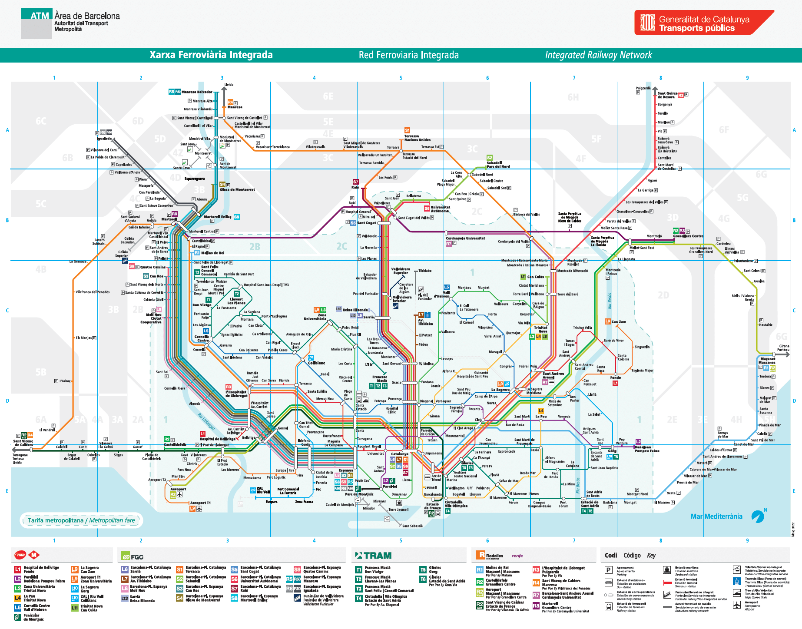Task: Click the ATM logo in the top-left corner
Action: click(x=37, y=23)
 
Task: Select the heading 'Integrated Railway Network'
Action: click(x=598, y=55)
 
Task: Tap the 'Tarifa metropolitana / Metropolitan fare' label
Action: click(x=81, y=520)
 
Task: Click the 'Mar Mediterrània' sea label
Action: click(x=716, y=516)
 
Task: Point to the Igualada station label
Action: click(x=104, y=139)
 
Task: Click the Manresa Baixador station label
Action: click(x=197, y=92)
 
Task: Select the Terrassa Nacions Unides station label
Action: click(x=417, y=138)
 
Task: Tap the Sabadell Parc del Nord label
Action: click(x=498, y=165)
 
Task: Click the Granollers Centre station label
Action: click(x=688, y=236)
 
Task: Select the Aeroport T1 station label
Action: click(x=200, y=503)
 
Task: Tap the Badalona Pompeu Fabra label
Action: click(x=647, y=449)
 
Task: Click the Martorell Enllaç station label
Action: click(x=217, y=217)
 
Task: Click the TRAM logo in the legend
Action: click(x=373, y=556)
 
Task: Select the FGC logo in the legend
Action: click(x=133, y=556)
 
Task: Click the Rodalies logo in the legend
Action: click(x=490, y=556)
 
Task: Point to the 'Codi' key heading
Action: click(x=610, y=555)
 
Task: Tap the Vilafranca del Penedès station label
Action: click(x=93, y=292)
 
